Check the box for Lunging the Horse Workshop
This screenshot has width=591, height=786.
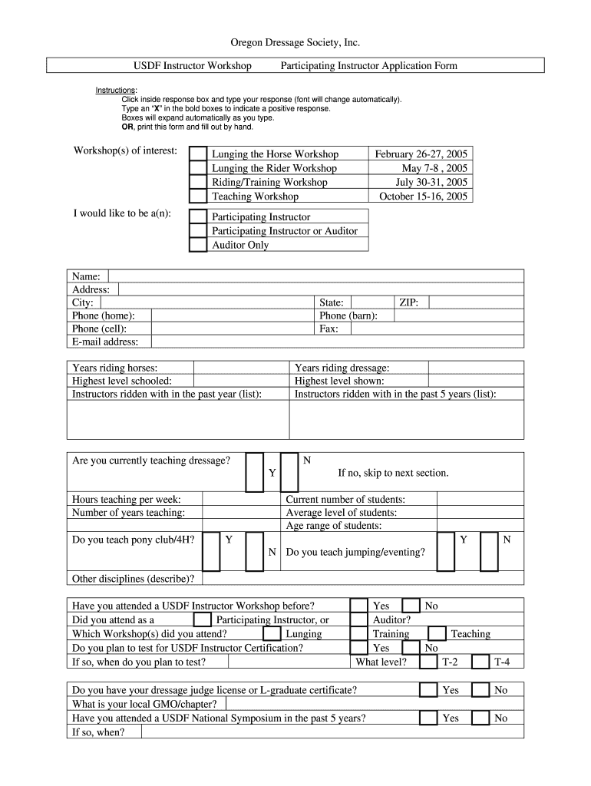[198, 154]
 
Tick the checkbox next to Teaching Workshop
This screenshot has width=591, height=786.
[198, 196]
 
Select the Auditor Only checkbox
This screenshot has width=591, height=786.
[198, 245]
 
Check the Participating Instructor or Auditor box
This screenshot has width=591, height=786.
[198, 230]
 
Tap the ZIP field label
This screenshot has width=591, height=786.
[408, 302]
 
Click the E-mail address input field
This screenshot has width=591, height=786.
[337, 342]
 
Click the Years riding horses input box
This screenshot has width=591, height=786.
[240, 368]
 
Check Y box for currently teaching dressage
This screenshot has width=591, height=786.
[254, 472]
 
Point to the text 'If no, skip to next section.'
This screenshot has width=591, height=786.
[393, 473]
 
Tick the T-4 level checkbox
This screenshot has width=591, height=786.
[480, 662]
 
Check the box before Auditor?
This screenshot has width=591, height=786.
[358, 619]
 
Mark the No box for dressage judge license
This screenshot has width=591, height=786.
[480, 690]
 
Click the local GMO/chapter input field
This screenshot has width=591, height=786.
[375, 704]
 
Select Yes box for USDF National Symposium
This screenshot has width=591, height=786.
[428, 718]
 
